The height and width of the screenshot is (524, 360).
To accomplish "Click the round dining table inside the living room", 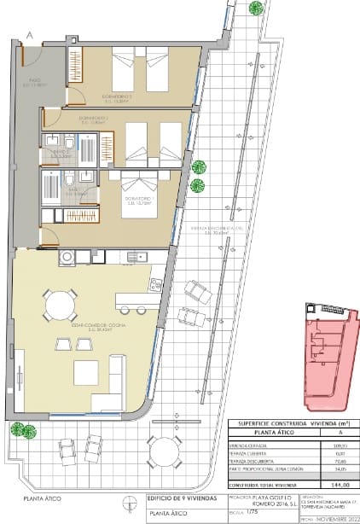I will (60, 303).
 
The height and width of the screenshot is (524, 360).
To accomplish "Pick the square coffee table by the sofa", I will (87, 372).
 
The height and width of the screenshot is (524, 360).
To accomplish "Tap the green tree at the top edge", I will (255, 8).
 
